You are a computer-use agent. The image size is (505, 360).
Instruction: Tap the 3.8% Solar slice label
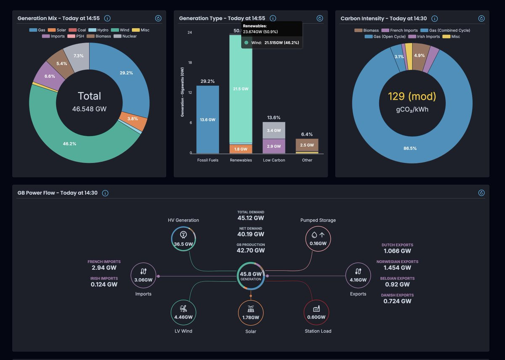(x=133, y=119)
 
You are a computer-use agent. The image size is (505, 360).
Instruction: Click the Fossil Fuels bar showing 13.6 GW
(x=207, y=119)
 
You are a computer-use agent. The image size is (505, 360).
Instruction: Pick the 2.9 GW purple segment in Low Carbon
(x=274, y=146)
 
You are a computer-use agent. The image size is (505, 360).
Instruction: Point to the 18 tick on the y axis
(x=190, y=63)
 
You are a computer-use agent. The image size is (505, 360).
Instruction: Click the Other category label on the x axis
(x=307, y=160)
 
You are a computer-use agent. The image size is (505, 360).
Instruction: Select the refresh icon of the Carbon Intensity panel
(x=481, y=19)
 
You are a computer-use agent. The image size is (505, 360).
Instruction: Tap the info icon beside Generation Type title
(x=273, y=18)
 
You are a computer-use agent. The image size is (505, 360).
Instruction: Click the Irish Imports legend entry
(x=424, y=37)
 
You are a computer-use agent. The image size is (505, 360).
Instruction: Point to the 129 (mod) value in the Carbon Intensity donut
(x=412, y=96)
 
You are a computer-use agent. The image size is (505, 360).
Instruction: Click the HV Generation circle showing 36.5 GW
(x=183, y=239)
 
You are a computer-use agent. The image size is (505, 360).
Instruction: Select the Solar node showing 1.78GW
(x=251, y=313)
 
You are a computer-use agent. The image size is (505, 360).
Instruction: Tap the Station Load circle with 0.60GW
(x=316, y=312)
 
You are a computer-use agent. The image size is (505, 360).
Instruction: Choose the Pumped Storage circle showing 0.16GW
(x=318, y=239)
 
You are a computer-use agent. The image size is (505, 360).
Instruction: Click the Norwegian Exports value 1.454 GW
(x=397, y=267)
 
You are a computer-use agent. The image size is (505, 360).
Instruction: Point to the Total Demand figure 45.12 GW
(x=251, y=218)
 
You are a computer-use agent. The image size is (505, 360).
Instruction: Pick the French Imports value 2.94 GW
(x=104, y=267)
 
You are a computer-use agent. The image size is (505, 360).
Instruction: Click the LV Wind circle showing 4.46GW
(x=183, y=312)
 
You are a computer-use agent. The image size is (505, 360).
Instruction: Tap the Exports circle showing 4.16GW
(x=358, y=275)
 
